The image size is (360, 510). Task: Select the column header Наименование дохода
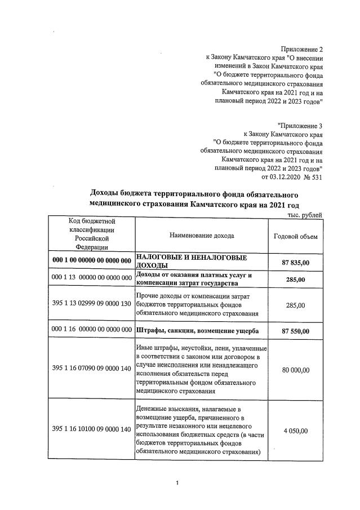pos(201,236)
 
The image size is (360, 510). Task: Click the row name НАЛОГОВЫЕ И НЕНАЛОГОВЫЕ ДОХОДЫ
pos(192,261)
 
